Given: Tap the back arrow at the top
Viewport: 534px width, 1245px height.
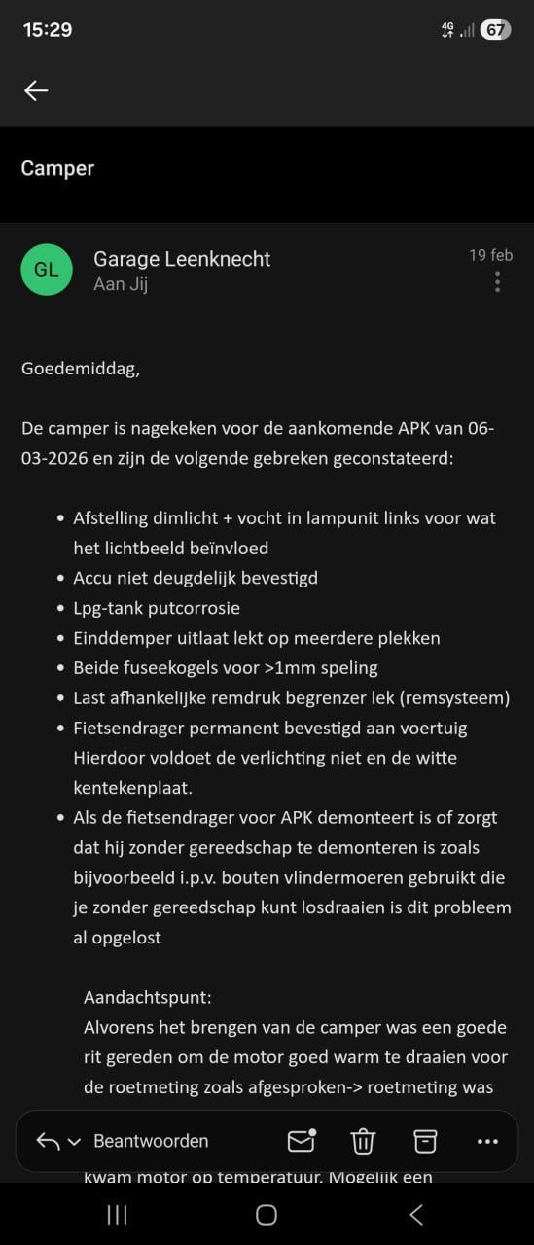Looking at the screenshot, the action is tap(36, 90).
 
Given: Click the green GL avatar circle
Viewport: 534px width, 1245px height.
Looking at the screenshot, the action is tap(47, 270).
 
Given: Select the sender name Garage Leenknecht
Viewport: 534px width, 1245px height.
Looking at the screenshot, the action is tap(182, 259).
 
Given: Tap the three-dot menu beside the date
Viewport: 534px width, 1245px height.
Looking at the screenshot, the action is tap(497, 282).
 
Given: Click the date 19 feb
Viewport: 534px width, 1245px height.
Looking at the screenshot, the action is tap(490, 255).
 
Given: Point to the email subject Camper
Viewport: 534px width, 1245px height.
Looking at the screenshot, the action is tap(57, 168).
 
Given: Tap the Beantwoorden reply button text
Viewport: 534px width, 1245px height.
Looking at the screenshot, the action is tap(151, 1141).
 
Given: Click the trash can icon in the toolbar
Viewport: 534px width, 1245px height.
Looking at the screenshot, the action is tap(363, 1141).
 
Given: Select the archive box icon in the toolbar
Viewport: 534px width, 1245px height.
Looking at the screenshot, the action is tap(425, 1141).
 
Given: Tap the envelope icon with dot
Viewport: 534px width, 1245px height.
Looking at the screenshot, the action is tap(302, 1141).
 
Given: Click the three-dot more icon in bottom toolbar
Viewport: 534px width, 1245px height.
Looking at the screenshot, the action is tap(487, 1141).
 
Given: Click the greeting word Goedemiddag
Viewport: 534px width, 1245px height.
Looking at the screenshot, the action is tap(80, 369).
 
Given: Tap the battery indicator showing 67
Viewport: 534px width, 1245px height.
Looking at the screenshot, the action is tap(495, 30).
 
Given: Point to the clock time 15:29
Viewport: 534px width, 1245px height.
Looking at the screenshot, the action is tap(48, 30).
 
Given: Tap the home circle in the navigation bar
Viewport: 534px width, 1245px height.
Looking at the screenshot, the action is tap(266, 1214).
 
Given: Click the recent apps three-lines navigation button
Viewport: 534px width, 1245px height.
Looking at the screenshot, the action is tap(117, 1214).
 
